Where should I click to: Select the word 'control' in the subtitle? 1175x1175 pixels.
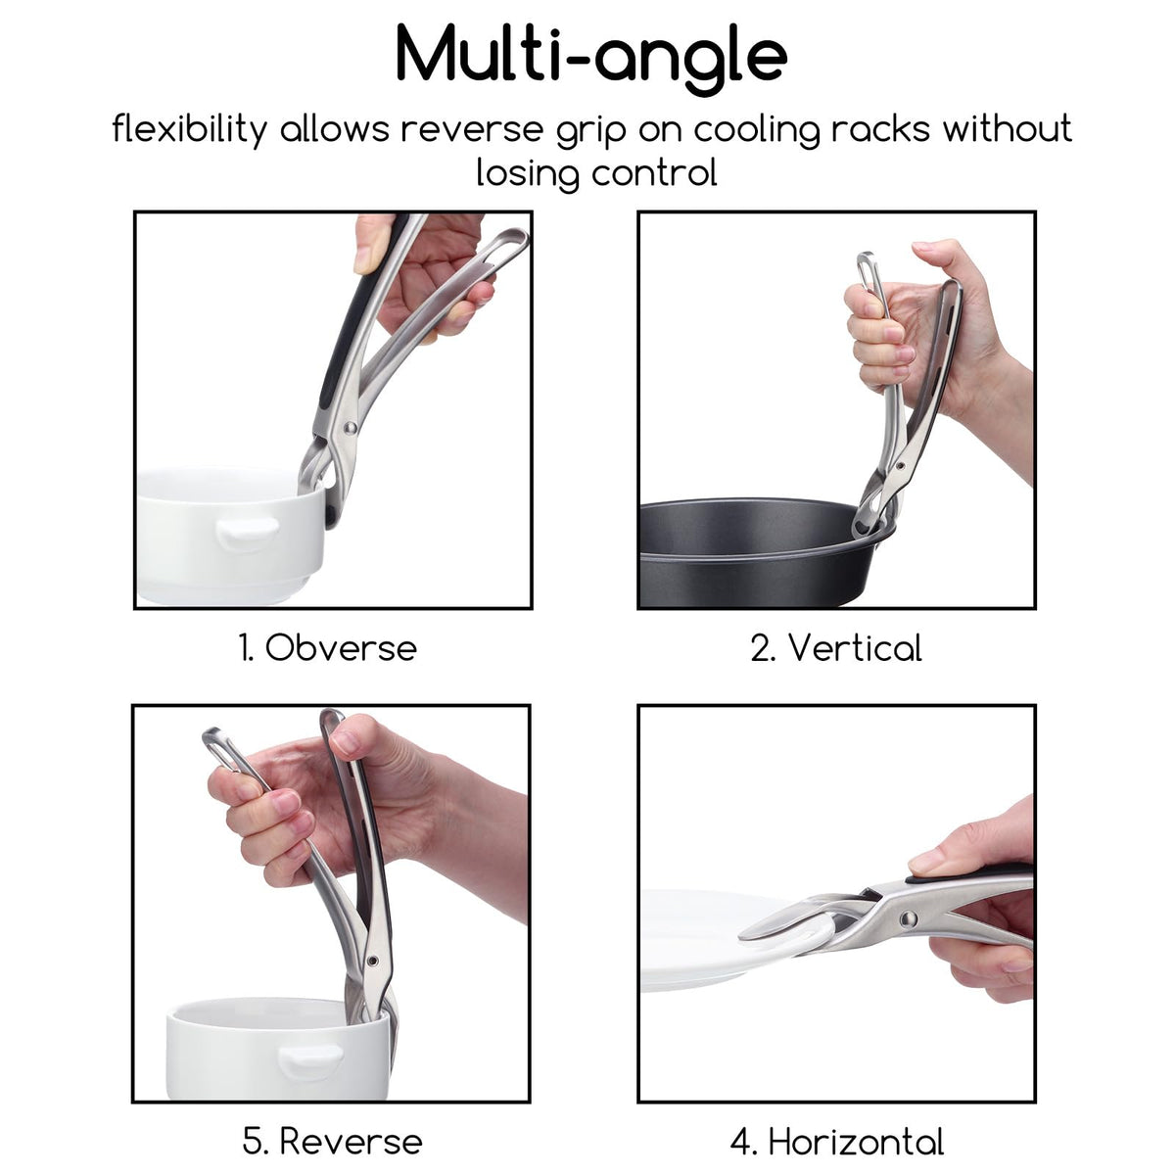654,173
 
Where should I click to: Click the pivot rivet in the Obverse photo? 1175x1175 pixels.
350,428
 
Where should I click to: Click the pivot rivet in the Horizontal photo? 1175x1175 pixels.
909,917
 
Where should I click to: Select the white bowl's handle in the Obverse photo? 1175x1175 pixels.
248,533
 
